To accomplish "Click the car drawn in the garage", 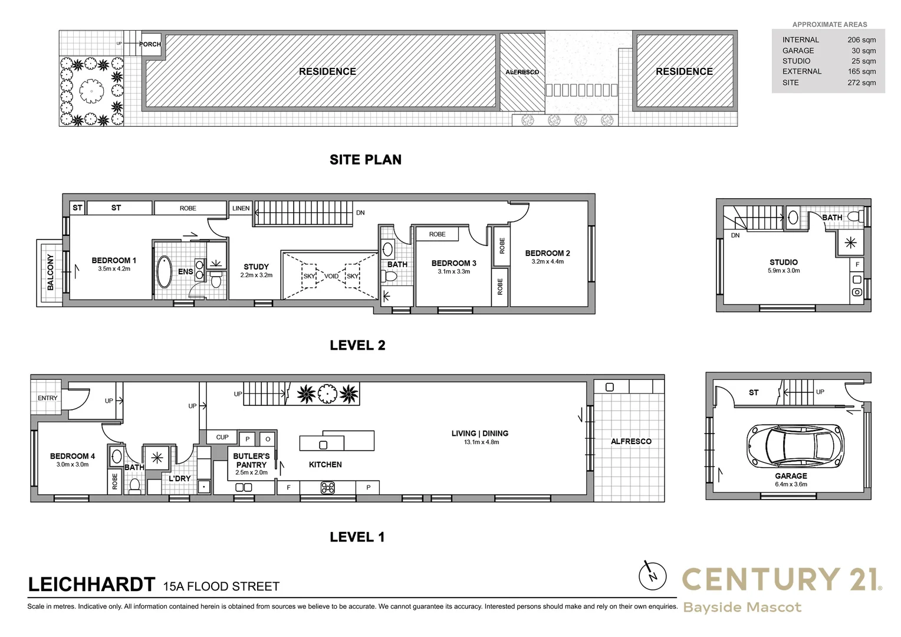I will (x=795, y=447).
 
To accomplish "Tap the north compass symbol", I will (x=653, y=574).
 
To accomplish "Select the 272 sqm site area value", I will (x=861, y=83).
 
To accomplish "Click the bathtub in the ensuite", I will (x=164, y=271).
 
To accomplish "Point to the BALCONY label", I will (x=50, y=272).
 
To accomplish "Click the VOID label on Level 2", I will (x=331, y=276).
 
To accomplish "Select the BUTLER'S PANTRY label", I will (x=251, y=461).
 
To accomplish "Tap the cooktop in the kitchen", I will (x=328, y=488).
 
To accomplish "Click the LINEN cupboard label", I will (x=241, y=208).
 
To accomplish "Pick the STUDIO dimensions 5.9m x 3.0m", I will (x=784, y=271).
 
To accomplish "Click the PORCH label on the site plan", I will (x=150, y=44).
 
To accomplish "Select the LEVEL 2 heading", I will (x=357, y=346).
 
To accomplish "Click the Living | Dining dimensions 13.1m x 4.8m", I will (x=481, y=442).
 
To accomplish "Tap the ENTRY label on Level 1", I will (x=48, y=398).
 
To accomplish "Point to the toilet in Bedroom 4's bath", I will (x=134, y=485).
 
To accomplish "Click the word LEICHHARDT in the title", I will (x=91, y=585).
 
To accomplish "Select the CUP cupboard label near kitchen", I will (x=222, y=438).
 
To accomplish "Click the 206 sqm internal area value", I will (x=861, y=40).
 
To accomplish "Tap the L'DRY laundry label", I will (x=179, y=478).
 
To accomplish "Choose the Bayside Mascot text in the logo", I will (x=742, y=608).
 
